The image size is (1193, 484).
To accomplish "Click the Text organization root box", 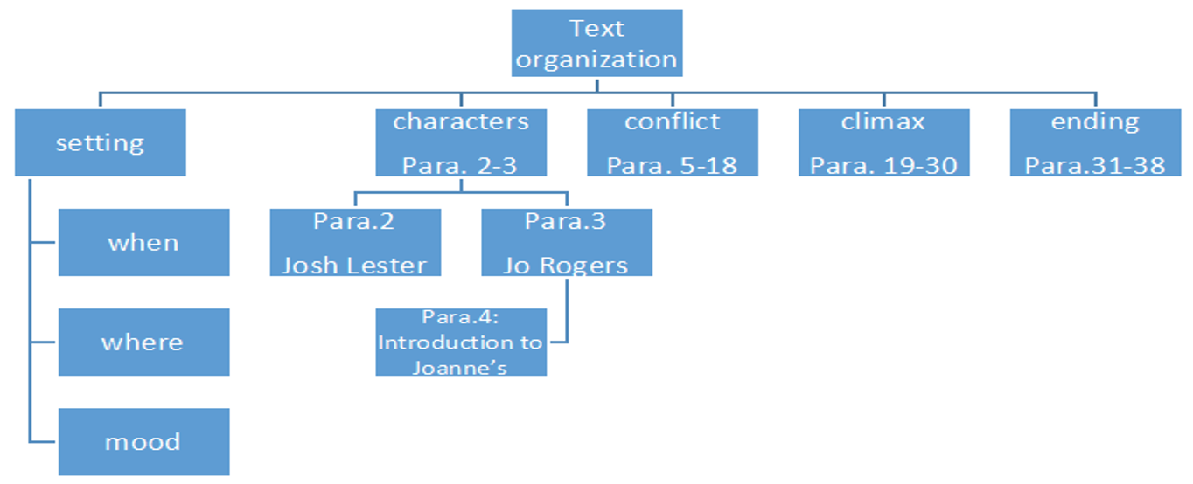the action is point(596,43).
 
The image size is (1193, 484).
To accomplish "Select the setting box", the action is point(100,142).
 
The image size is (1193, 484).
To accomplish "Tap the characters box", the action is point(461,142).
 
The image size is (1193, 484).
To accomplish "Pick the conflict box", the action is point(672,142).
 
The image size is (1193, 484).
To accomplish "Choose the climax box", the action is point(883,142).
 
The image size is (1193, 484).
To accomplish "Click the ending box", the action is point(1095,142).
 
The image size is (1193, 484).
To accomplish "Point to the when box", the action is point(143,242).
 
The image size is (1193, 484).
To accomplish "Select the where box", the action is point(143,342).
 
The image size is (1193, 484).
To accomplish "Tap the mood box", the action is point(143,441).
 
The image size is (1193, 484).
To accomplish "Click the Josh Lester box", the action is point(355,242).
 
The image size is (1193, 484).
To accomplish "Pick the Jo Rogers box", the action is point(567,242).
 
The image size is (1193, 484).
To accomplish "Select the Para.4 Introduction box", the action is point(461,342).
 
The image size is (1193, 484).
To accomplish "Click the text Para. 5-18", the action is point(672,165).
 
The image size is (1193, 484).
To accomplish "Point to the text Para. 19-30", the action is point(883,165).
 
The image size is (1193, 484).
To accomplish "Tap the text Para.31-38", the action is point(1095,165).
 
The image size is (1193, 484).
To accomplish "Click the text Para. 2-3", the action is point(460,165).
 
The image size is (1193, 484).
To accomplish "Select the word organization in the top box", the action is point(596,59).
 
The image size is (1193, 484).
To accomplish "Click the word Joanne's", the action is point(460,368).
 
